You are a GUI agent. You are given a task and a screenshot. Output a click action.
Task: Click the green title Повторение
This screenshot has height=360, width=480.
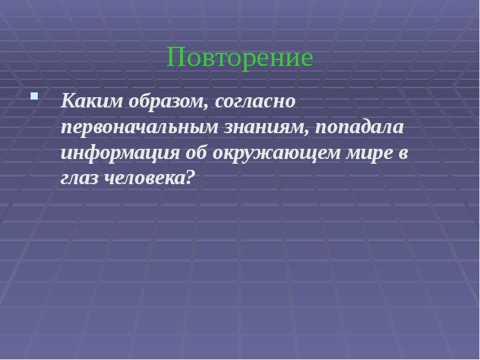click(x=240, y=58)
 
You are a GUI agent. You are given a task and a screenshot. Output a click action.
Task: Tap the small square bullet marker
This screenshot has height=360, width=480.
click(x=34, y=95)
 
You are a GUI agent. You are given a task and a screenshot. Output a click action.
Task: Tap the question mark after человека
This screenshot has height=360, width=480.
click(x=191, y=178)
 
